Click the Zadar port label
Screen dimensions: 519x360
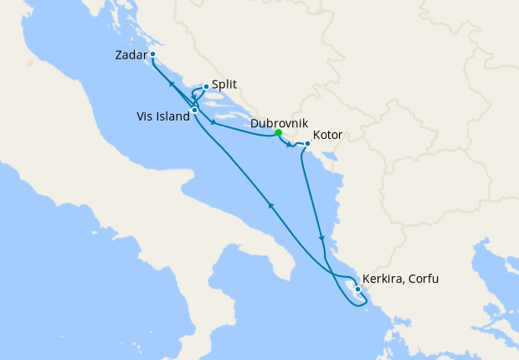(x=130, y=56)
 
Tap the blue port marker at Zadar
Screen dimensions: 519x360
(x=153, y=55)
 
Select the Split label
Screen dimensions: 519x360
(x=224, y=85)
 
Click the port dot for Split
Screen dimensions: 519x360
(x=206, y=85)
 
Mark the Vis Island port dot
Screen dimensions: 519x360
(x=194, y=110)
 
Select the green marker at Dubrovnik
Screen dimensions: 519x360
(x=278, y=132)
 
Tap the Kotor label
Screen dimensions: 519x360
(x=327, y=135)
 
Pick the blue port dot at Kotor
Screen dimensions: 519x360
(x=308, y=144)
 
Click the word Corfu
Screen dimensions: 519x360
(x=423, y=279)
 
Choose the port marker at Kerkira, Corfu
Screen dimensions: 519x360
(x=358, y=290)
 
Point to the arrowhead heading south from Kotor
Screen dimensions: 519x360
(x=321, y=239)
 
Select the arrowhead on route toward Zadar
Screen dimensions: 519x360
(x=171, y=84)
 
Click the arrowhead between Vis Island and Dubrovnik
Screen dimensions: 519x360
(x=215, y=124)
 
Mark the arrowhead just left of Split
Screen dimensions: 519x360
(x=193, y=99)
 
